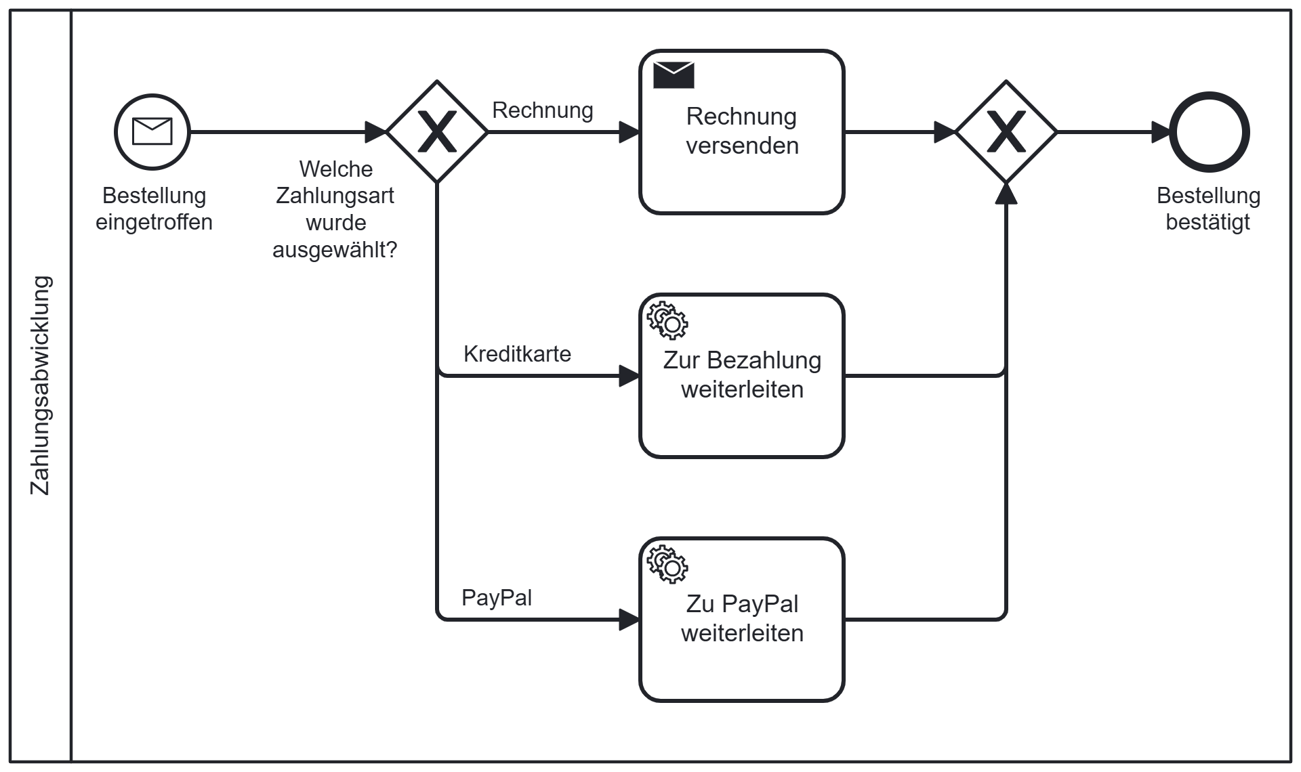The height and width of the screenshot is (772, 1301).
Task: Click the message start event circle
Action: click(x=152, y=132)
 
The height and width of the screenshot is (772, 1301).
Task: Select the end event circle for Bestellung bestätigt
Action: click(x=1210, y=132)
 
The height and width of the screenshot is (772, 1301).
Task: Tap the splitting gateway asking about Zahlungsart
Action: click(x=437, y=132)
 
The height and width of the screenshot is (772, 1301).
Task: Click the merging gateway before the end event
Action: click(x=1006, y=132)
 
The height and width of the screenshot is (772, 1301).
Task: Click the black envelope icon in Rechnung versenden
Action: click(x=674, y=74)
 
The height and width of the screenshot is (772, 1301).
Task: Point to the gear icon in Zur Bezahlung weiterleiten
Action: click(x=667, y=320)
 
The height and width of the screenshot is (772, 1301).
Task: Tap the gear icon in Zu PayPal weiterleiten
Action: click(x=667, y=563)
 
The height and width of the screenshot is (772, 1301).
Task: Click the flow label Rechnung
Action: click(x=543, y=110)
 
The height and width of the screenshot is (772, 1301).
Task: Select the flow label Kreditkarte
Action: click(x=517, y=353)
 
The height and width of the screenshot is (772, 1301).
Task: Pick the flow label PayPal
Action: click(x=497, y=597)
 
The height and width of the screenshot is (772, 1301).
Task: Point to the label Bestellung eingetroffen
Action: click(x=154, y=209)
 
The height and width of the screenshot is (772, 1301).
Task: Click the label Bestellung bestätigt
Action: click(x=1208, y=209)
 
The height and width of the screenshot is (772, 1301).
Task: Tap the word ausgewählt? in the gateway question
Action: click(x=335, y=249)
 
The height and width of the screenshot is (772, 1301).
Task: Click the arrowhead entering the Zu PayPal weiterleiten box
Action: click(x=629, y=620)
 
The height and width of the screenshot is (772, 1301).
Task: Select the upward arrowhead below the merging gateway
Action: click(x=1006, y=193)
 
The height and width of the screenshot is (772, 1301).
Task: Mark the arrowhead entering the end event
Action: click(x=1161, y=132)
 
